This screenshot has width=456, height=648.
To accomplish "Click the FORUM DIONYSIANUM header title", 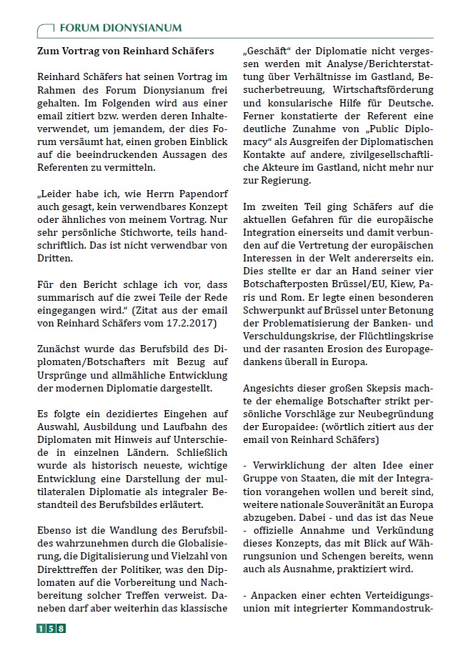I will pyautogui.click(x=120, y=28).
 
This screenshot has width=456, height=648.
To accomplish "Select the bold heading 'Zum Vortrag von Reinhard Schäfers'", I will pyautogui.click(x=125, y=51).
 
